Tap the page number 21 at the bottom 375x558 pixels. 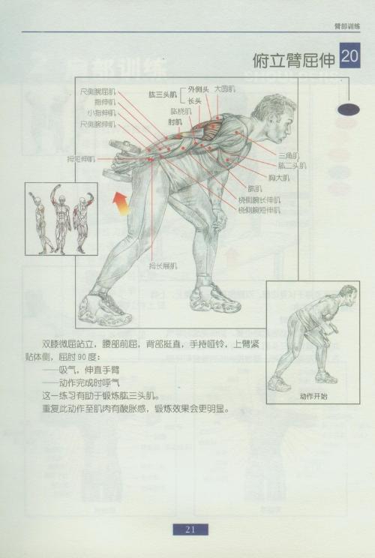point(190,529)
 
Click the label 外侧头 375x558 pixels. point(198,88)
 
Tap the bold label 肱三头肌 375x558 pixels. point(162,94)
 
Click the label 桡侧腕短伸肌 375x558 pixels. point(259,211)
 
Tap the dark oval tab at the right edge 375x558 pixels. point(349,109)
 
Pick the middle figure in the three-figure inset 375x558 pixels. point(61,218)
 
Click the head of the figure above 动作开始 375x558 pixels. point(346,293)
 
